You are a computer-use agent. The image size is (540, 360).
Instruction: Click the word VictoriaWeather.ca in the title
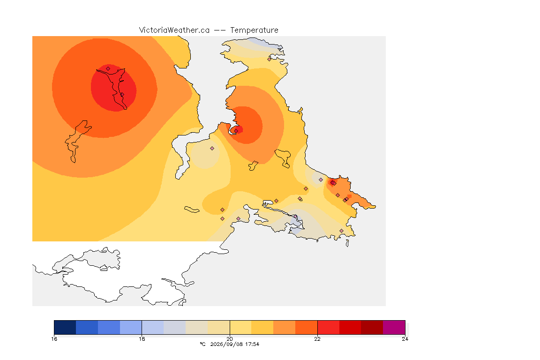[174, 30]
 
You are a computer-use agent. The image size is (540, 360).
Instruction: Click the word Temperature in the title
[254, 30]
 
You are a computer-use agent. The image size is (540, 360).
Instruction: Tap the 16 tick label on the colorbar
[54, 339]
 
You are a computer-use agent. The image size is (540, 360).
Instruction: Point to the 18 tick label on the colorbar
[142, 339]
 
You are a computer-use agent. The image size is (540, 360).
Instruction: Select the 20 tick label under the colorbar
[230, 339]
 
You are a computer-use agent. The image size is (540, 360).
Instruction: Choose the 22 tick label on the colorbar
[317, 339]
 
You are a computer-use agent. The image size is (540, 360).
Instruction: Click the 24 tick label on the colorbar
[405, 339]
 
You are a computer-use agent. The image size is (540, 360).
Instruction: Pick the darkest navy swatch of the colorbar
[65, 327]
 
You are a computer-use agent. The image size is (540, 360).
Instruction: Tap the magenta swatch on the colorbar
[394, 327]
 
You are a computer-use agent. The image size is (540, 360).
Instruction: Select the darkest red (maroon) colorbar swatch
[372, 327]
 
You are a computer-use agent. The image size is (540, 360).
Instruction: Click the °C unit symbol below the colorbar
[202, 344]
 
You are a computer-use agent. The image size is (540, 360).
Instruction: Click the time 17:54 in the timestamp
[252, 344]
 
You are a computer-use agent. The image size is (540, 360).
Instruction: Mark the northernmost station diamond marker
[270, 59]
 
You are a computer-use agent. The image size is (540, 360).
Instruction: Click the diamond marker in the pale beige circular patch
[212, 149]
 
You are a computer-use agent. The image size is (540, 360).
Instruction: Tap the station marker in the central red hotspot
[236, 131]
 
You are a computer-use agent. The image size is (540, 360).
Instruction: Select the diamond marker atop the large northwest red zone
[108, 69]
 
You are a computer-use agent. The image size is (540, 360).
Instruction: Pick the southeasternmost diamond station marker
[341, 231]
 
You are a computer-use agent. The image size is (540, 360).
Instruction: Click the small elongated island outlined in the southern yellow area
[192, 210]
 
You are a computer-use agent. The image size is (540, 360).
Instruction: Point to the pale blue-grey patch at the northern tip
[261, 42]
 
